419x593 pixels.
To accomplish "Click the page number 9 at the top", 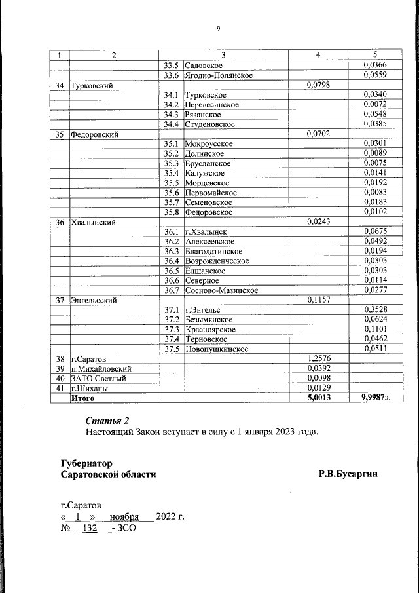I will point(219,28).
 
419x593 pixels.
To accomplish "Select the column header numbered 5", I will point(375,55).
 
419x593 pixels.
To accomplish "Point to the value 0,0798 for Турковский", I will point(318,85).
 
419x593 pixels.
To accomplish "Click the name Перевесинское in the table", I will point(211,105).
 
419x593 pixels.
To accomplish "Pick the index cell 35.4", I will point(172,173).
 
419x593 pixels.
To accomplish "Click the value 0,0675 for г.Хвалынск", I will point(375,231).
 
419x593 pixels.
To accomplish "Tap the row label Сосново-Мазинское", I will point(221,290).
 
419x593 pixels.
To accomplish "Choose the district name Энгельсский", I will point(94,300).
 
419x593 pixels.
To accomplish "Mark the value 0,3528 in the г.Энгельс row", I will point(375,310).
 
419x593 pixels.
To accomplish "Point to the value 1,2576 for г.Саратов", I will point(318,359).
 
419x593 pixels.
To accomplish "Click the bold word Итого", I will point(82,398).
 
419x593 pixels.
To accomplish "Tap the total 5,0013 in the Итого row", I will point(318,398).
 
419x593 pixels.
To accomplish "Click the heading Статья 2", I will point(108,420).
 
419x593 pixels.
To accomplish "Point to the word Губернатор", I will point(86,463).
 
